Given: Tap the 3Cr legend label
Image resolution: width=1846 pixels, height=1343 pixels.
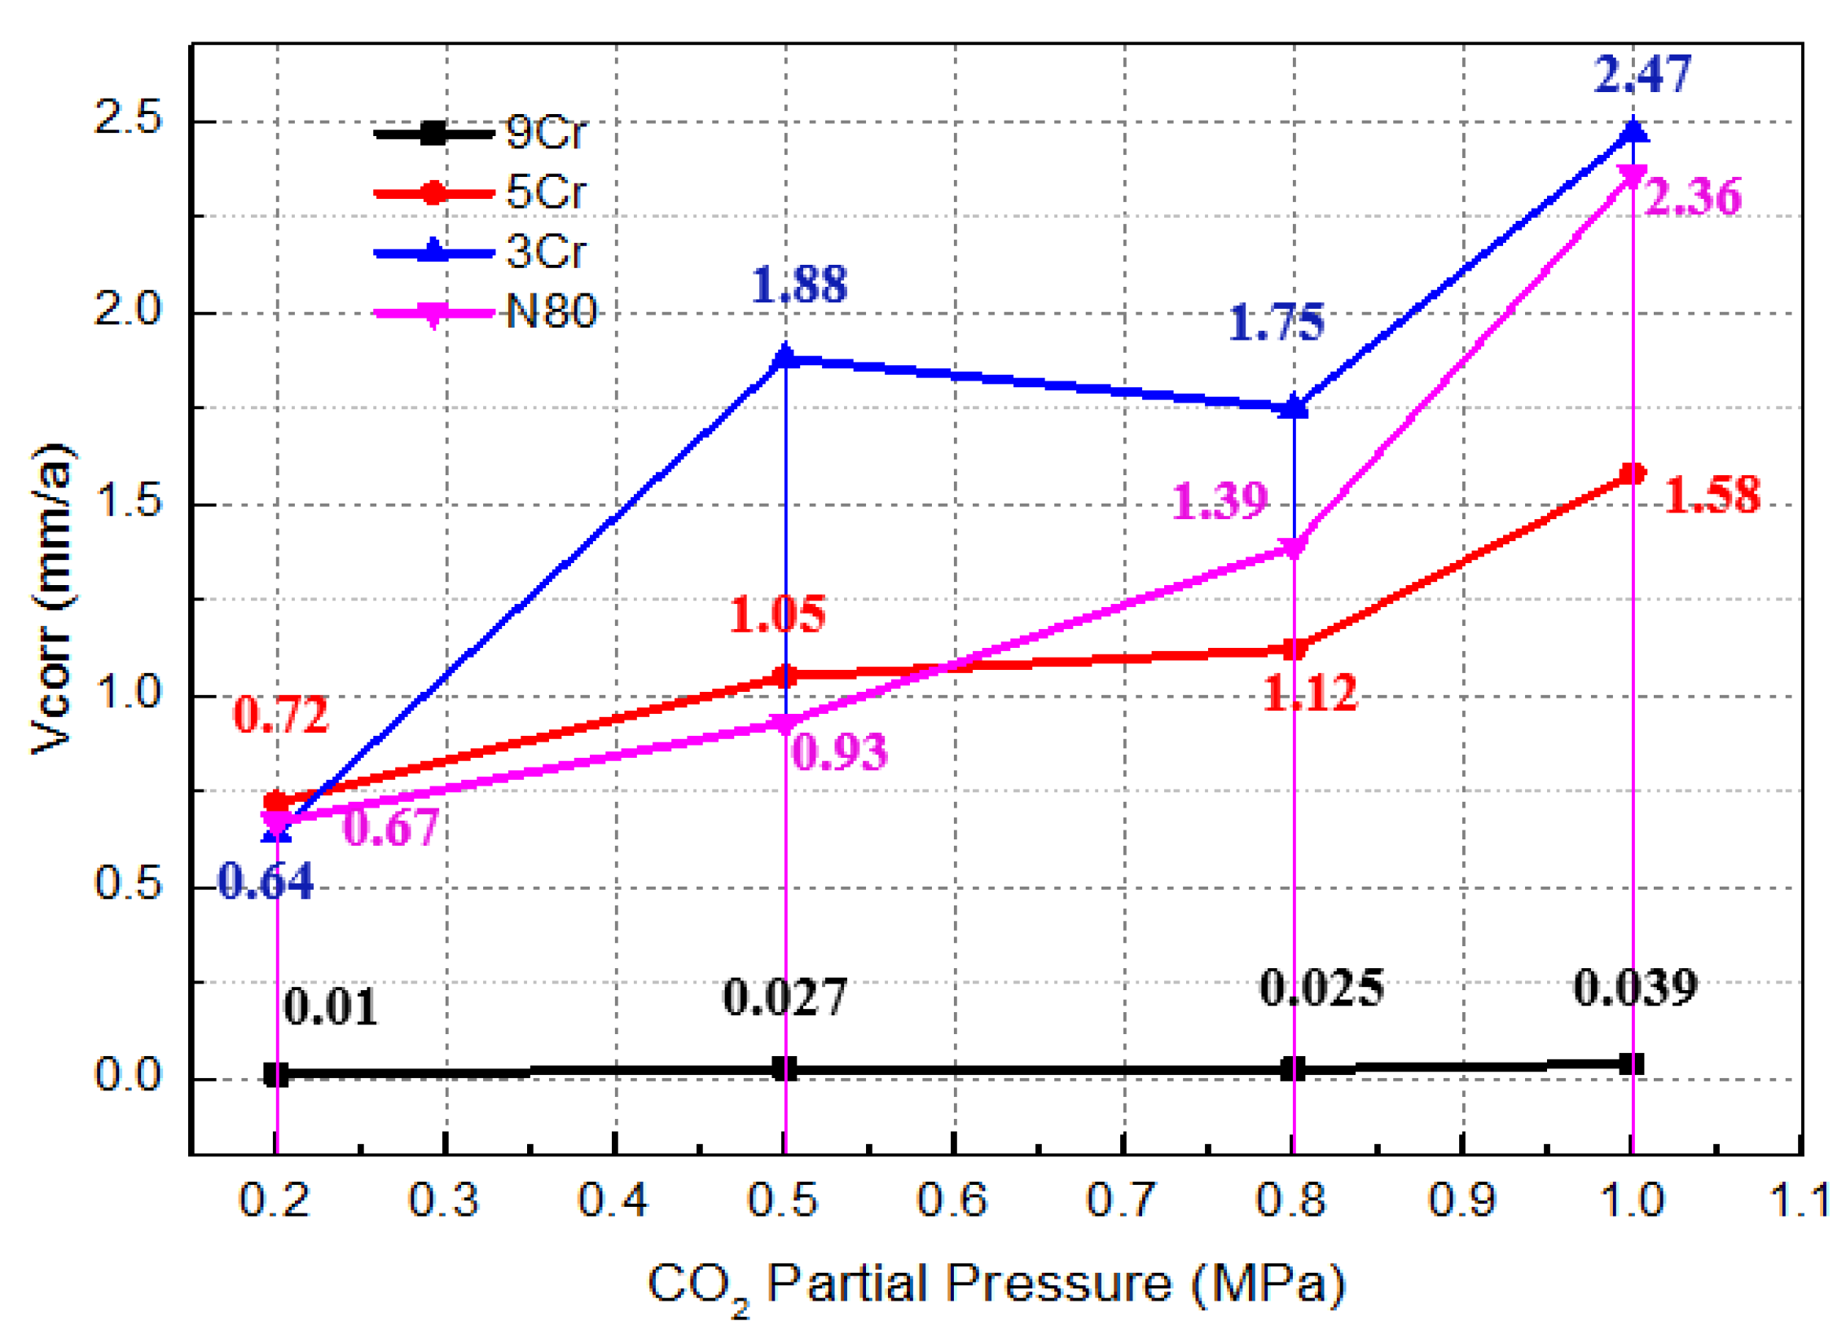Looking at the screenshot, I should coord(545,252).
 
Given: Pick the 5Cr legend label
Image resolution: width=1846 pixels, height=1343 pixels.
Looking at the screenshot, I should coord(545,192).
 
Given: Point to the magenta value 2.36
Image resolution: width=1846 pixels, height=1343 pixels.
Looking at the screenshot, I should coord(1692,197).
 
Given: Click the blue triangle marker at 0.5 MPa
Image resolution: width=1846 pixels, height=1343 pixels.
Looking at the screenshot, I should coord(785,357).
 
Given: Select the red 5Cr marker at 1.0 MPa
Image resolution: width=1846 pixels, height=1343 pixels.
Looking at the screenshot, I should coord(1632,474).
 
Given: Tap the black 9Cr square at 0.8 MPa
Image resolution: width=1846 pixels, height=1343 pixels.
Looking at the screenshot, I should coord(1293,1069).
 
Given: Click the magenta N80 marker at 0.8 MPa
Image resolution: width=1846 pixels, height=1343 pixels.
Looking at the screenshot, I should coord(1293,548).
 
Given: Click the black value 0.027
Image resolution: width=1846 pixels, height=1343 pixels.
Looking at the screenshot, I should coord(785,997).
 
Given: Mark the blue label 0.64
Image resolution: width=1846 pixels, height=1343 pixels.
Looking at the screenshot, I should coord(266,881).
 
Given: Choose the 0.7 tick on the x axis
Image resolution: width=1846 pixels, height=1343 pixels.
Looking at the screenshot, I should coord(1122,1200).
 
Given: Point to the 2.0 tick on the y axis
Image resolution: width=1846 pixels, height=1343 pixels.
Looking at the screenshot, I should coord(128,310).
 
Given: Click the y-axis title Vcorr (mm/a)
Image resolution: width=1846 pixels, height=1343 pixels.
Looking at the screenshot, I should coord(52,599).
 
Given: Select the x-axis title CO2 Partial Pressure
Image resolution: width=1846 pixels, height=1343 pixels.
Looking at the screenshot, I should coord(996,1285).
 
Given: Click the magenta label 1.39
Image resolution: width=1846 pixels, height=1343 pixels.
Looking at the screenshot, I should coord(1219,501).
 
